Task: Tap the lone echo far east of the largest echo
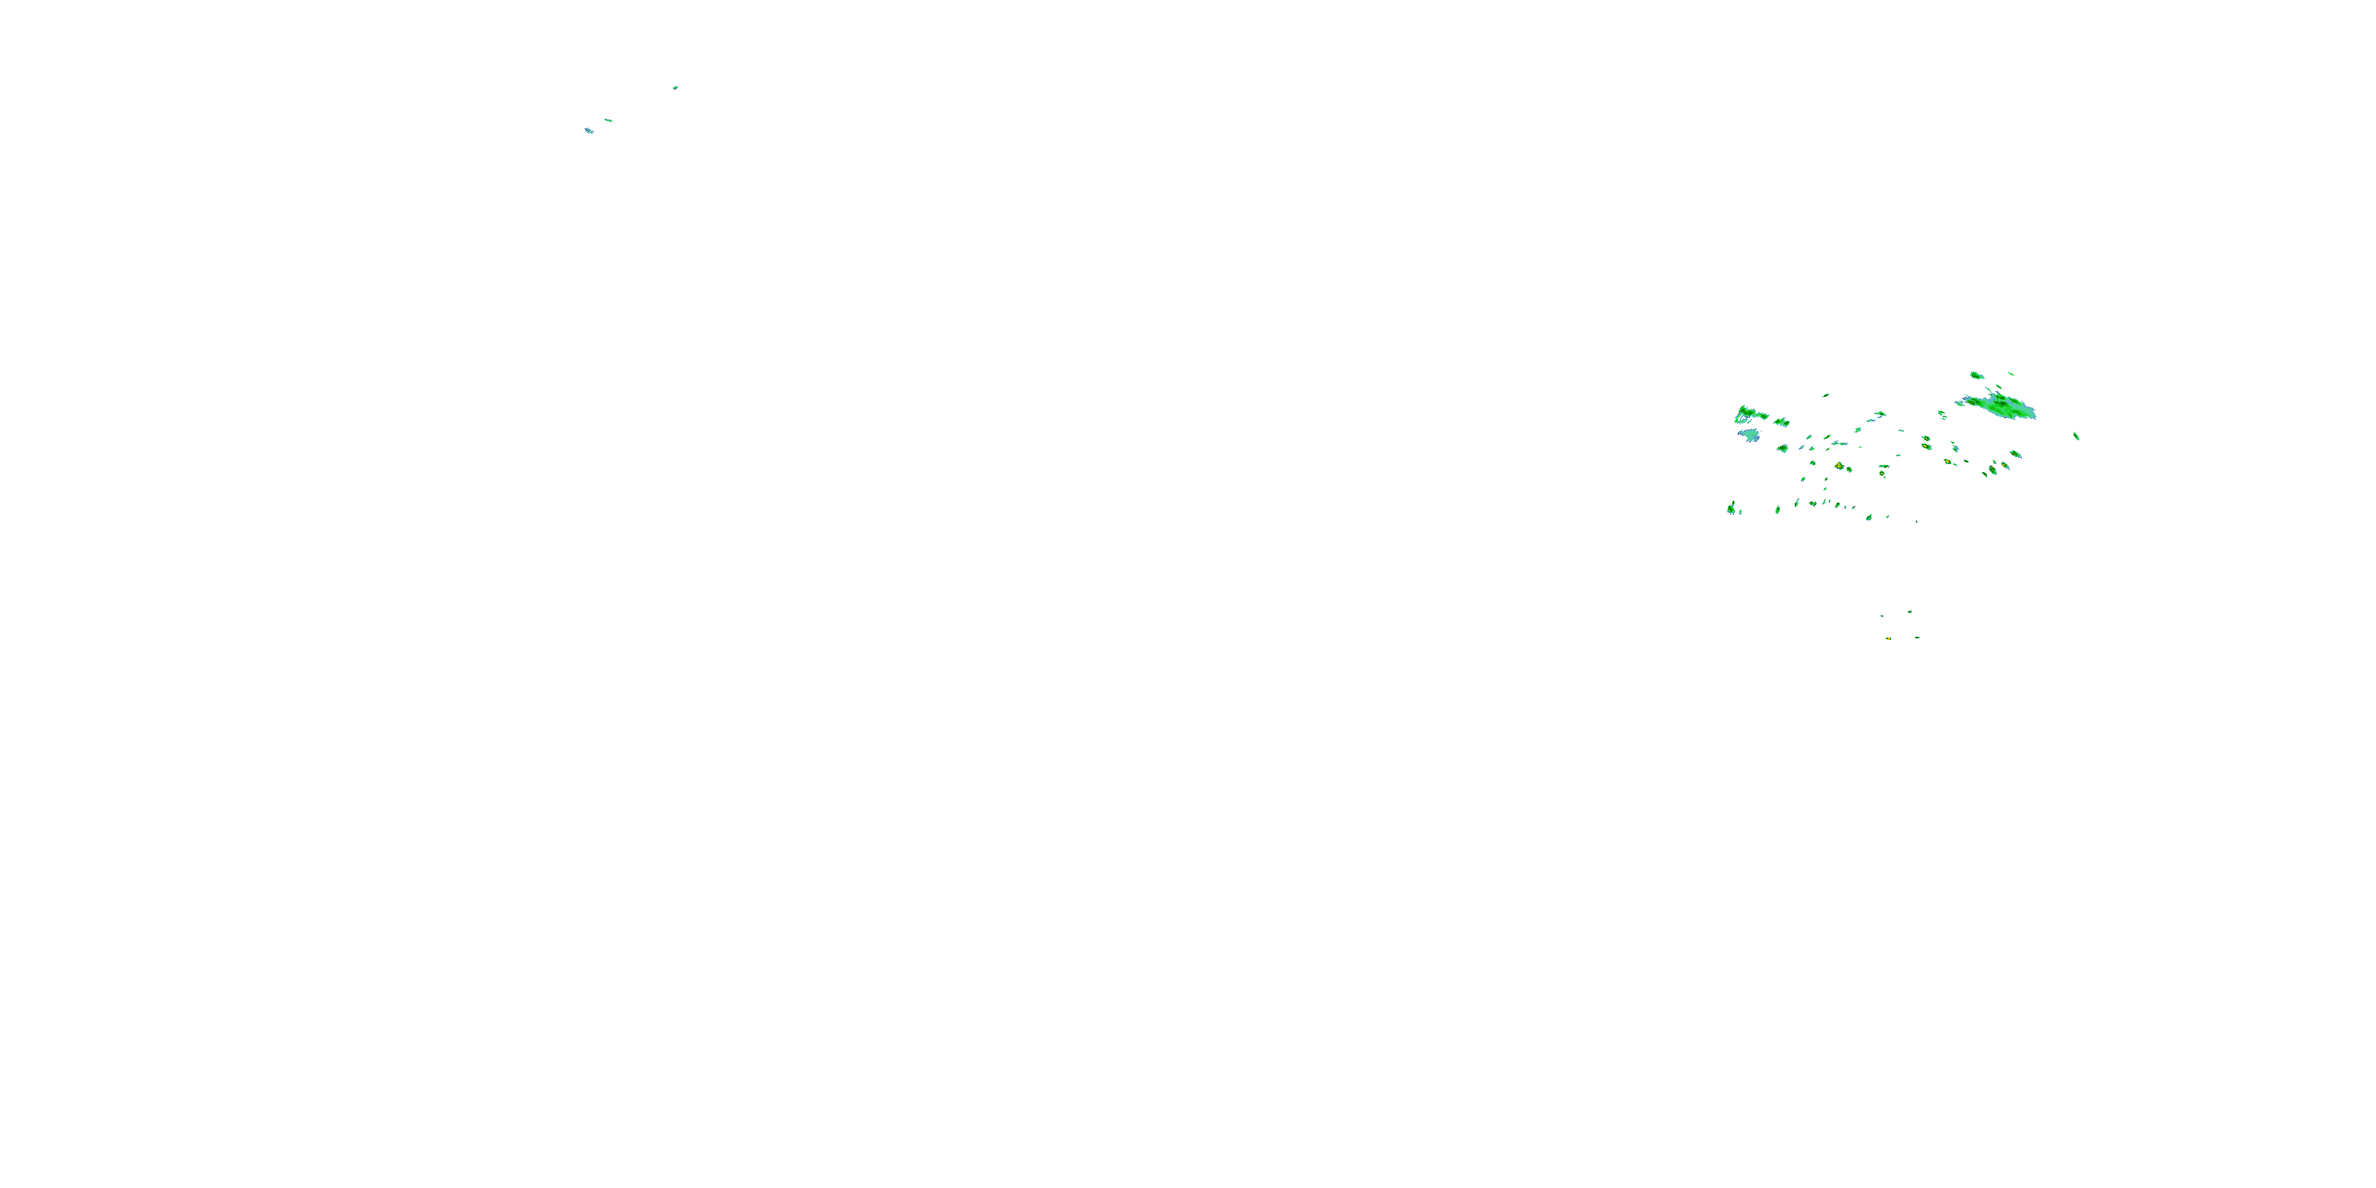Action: pyautogui.click(x=2077, y=436)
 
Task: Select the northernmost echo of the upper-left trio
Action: pyautogui.click(x=675, y=88)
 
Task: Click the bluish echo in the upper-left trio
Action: pyautogui.click(x=588, y=131)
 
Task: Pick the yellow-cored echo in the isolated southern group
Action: pyautogui.click(x=1888, y=638)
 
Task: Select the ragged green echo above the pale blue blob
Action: pyautogui.click(x=1749, y=413)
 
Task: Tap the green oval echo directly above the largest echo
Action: pyautogui.click(x=1977, y=375)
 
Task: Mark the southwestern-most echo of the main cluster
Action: pyautogui.click(x=1732, y=508)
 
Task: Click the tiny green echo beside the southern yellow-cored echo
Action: pyautogui.click(x=1917, y=638)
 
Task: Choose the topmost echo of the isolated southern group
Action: pyautogui.click(x=1910, y=611)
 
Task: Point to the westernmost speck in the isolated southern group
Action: pyautogui.click(x=1882, y=616)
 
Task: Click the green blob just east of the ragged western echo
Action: pyautogui.click(x=1781, y=421)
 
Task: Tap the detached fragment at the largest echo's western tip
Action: pyautogui.click(x=1959, y=403)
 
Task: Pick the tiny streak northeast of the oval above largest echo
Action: pyautogui.click(x=2011, y=374)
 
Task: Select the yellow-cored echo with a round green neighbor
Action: pyautogui.click(x=1839, y=466)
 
